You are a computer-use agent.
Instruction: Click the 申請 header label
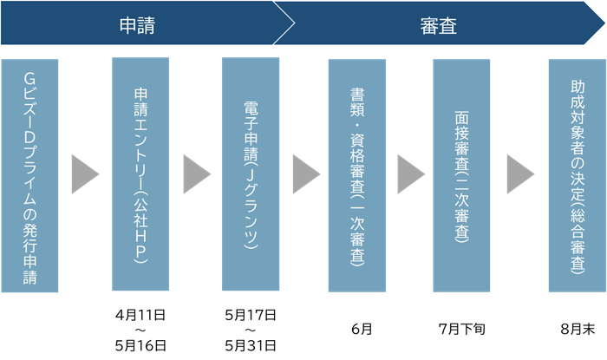pyautogui.click(x=137, y=23)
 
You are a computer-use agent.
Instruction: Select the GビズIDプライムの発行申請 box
pyautogui.click(x=30, y=176)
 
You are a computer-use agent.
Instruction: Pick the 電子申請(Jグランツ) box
pyautogui.click(x=250, y=176)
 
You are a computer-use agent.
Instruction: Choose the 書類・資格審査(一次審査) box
pyautogui.click(x=356, y=176)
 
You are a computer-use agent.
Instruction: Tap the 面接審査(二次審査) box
pyautogui.click(x=463, y=176)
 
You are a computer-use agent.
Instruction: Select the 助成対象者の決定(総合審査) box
pyautogui.click(x=575, y=176)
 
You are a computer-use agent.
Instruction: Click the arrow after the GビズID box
pyautogui.click(x=85, y=174)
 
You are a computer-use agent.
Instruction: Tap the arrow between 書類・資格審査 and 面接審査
pyautogui.click(x=410, y=174)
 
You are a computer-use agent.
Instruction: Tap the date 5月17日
pyautogui.click(x=250, y=312)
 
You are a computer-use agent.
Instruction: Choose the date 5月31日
pyautogui.click(x=250, y=345)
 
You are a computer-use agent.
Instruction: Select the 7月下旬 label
pyautogui.click(x=463, y=329)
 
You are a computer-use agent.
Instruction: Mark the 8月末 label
pyautogui.click(x=575, y=329)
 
